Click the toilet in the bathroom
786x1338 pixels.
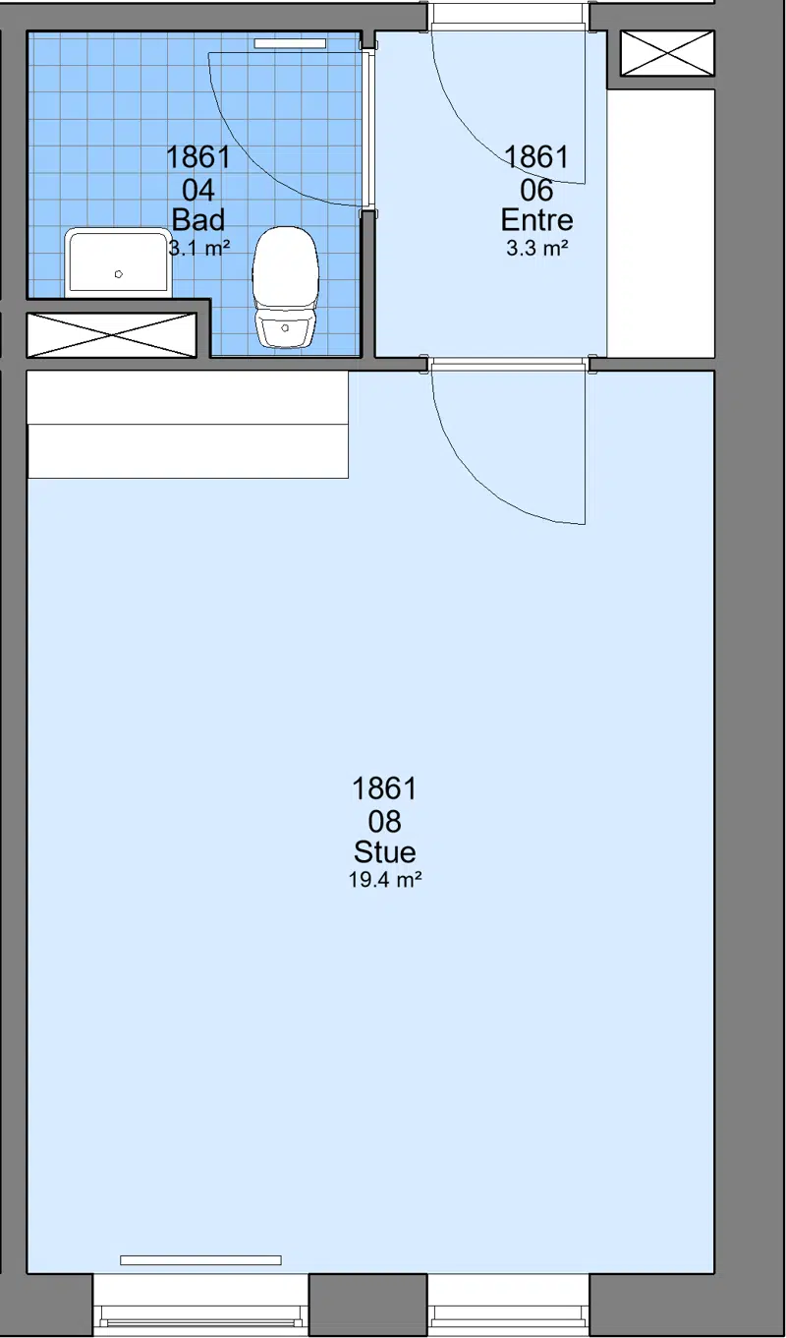coord(285,287)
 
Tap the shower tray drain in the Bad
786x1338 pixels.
coord(119,274)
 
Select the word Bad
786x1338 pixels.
coord(198,220)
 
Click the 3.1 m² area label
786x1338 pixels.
coord(199,248)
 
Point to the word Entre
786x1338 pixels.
coord(536,220)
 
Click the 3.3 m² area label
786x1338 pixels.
coord(536,248)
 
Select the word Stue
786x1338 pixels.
coord(384,851)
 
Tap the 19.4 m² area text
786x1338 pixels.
coord(385,879)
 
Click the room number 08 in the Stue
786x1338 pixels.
coord(384,822)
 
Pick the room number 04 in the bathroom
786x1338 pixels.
coord(198,191)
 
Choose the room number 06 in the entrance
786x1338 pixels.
coord(536,191)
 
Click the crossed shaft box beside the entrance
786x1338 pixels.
coord(667,53)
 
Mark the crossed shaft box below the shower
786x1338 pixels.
coord(112,335)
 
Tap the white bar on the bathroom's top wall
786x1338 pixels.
coord(290,43)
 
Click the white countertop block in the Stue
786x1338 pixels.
coord(188,424)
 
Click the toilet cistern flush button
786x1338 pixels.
coord(285,328)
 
